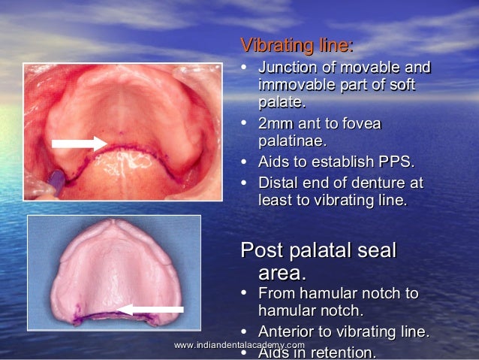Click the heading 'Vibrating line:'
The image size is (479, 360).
296,46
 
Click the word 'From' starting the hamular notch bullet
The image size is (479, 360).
276,293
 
